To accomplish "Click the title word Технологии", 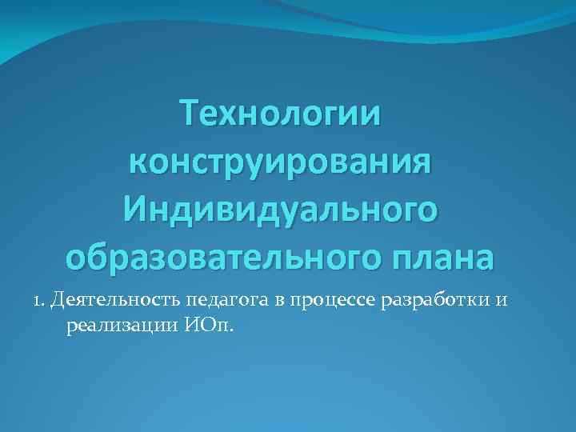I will pos(281,112).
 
